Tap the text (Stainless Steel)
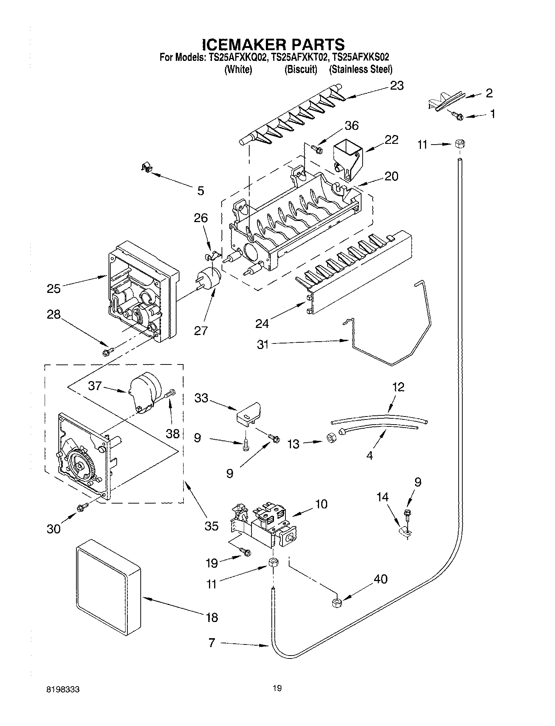(x=360, y=69)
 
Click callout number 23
(x=397, y=86)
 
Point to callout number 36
(x=351, y=125)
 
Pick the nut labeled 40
(x=336, y=603)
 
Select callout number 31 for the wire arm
(x=263, y=345)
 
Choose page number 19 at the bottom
(x=277, y=688)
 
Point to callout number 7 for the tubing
(x=212, y=643)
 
